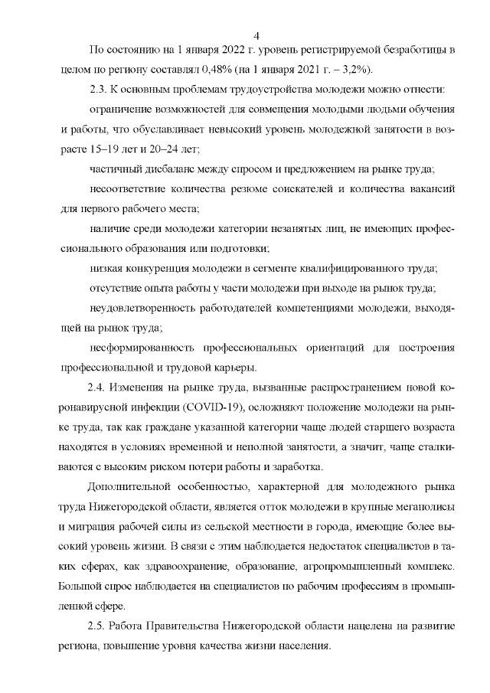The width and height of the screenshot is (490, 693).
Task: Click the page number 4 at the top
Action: (256, 35)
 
